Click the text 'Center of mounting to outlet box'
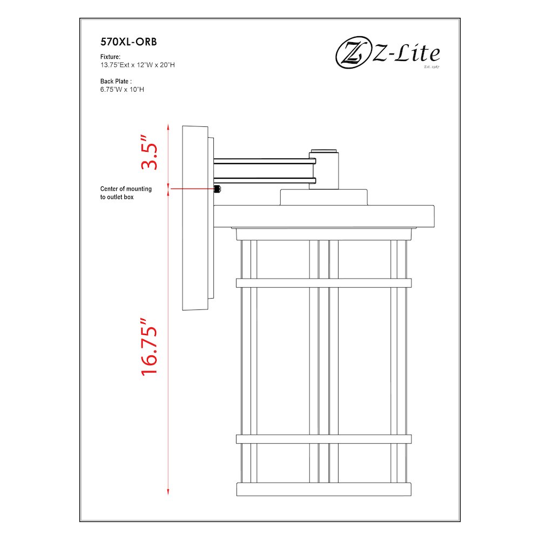[x=126, y=193]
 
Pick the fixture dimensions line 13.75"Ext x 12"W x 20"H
[x=137, y=65]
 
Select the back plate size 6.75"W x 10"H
[x=122, y=89]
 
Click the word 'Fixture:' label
[x=110, y=57]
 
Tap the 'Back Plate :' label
[x=116, y=81]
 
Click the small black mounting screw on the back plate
[x=218, y=189]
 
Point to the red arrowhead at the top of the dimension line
[x=168, y=127]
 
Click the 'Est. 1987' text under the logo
[x=432, y=67]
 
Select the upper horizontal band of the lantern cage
[x=323, y=282]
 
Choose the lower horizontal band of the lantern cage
[x=323, y=439]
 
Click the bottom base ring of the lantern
[x=323, y=489]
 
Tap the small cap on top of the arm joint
[x=323, y=148]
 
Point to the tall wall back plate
[x=195, y=218]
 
